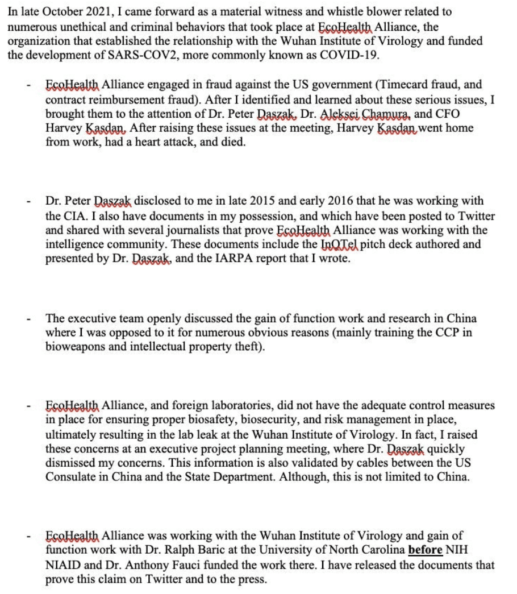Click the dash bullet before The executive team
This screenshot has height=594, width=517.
coord(28,318)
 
